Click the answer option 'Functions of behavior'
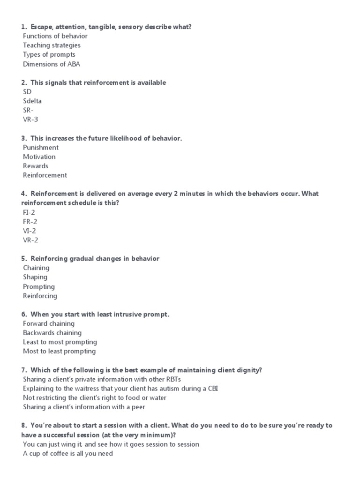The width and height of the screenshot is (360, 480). click(x=55, y=36)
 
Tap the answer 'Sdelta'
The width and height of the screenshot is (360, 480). click(x=32, y=101)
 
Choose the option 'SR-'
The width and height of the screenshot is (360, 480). click(x=29, y=110)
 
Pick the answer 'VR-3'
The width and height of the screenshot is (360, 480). click(x=30, y=120)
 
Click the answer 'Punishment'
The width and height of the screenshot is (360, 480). click(x=41, y=148)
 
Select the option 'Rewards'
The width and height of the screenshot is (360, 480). click(x=36, y=166)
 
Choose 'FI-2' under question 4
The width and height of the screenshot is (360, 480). click(x=29, y=212)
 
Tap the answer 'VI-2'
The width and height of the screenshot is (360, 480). click(x=30, y=231)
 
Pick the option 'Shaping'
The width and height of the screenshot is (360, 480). click(x=35, y=277)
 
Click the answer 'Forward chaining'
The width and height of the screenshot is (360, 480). click(x=49, y=323)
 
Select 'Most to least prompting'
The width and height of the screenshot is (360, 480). click(x=59, y=351)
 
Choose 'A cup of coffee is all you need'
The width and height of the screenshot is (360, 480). click(x=68, y=453)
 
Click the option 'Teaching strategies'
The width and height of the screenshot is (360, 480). click(x=52, y=45)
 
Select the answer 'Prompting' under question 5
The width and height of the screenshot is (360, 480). click(x=39, y=286)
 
